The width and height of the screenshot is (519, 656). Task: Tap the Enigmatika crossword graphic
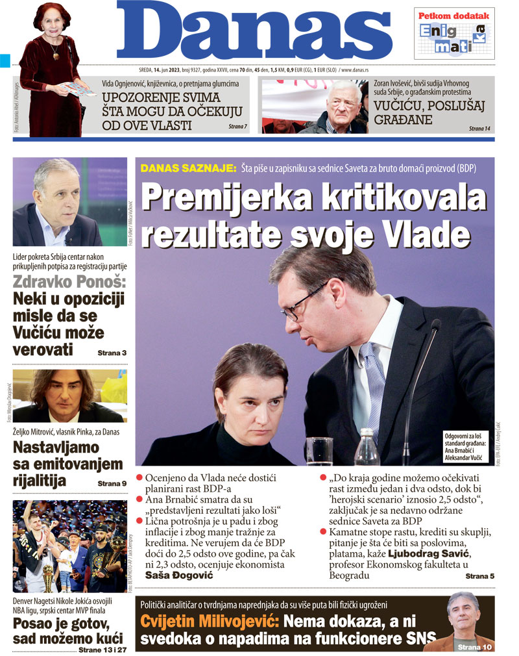click(453, 38)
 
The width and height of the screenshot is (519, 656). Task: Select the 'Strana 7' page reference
click(238, 126)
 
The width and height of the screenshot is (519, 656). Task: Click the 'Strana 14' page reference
click(479, 129)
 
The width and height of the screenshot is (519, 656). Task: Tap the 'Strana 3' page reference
click(112, 353)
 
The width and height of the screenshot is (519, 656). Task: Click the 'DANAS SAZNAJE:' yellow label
click(188, 168)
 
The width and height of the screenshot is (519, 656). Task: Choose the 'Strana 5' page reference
click(479, 575)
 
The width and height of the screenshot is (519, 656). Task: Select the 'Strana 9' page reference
click(112, 483)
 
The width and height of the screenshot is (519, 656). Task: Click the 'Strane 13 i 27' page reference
click(103, 649)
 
